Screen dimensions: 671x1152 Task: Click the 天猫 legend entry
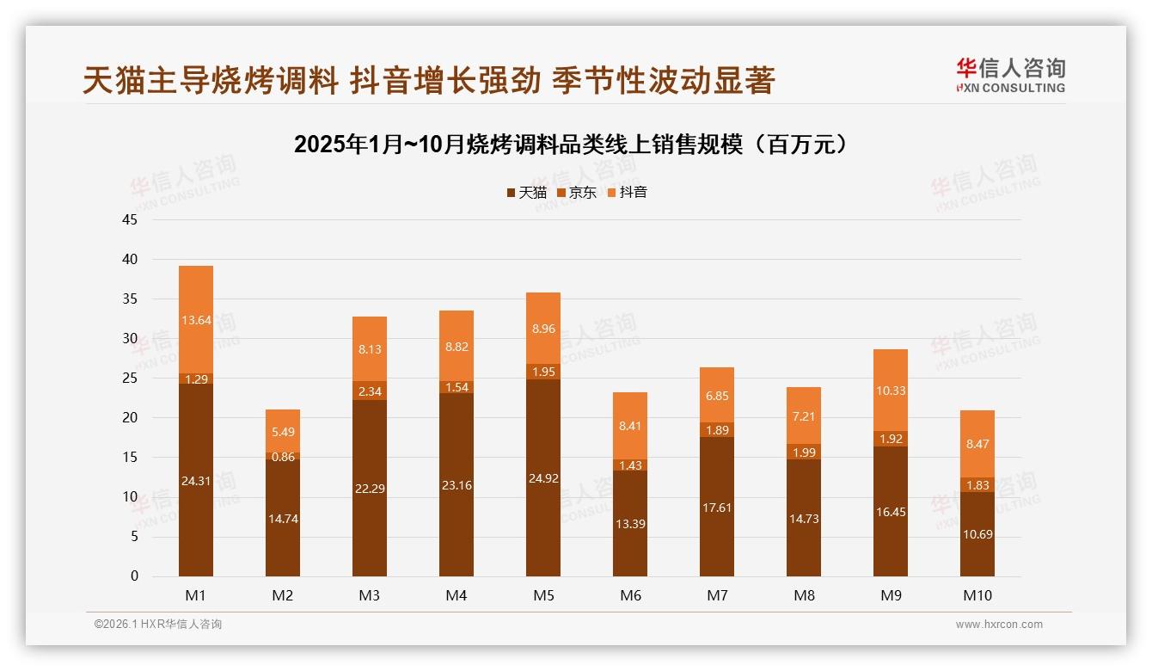pyautogui.click(x=526, y=193)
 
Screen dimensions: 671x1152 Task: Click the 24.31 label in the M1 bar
pyautogui.click(x=196, y=481)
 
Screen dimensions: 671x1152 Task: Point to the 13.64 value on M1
pyautogui.click(x=196, y=320)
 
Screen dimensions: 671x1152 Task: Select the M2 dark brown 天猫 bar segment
pyautogui.click(x=283, y=518)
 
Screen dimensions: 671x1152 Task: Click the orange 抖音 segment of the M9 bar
pyautogui.click(x=891, y=390)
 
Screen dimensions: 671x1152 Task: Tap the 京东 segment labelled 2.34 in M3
pyautogui.click(x=370, y=391)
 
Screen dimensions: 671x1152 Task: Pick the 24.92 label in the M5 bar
pyautogui.click(x=543, y=477)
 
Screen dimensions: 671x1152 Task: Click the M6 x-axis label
pyautogui.click(x=630, y=595)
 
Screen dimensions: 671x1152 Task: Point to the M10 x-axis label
pyautogui.click(x=977, y=595)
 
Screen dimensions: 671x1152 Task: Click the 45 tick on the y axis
pyautogui.click(x=130, y=219)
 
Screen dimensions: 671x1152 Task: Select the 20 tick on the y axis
pyautogui.click(x=130, y=418)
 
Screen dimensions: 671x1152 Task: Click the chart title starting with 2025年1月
pyautogui.click(x=575, y=144)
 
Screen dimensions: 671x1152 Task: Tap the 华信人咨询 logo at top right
pyautogui.click(x=1010, y=75)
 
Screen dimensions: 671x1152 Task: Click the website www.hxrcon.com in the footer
pyautogui.click(x=999, y=625)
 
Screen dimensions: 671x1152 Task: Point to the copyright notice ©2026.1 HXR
pyautogui.click(x=158, y=625)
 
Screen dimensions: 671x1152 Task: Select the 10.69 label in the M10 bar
pyautogui.click(x=977, y=534)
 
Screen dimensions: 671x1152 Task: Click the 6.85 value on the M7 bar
pyautogui.click(x=717, y=395)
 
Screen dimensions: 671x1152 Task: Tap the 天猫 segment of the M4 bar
pyautogui.click(x=457, y=485)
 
